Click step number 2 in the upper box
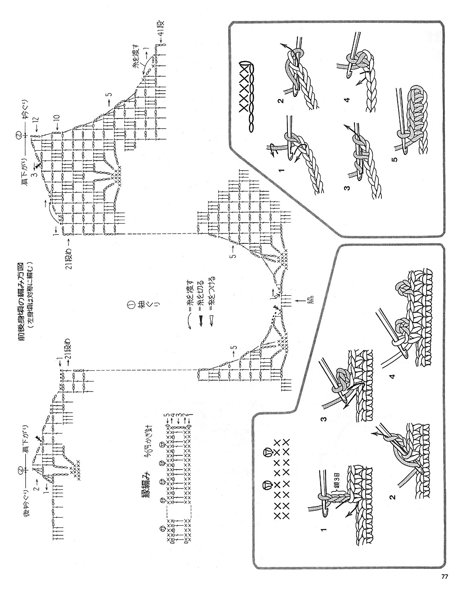(x=281, y=102)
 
